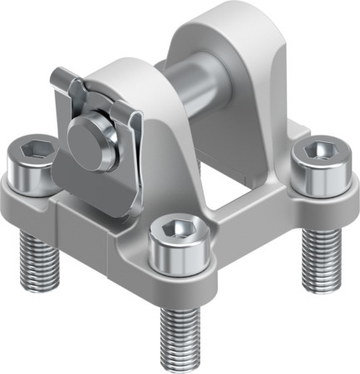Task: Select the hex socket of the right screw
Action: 320,151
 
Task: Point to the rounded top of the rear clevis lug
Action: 219,17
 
